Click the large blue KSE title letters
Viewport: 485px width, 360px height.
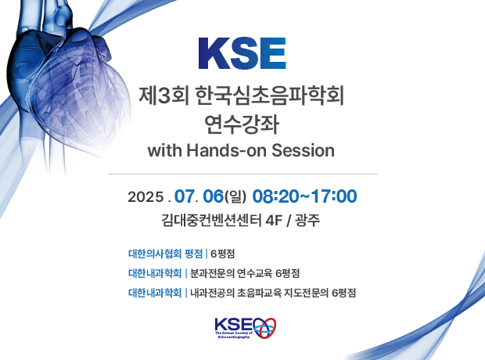pos(242,53)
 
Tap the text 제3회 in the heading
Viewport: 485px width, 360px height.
pos(163,95)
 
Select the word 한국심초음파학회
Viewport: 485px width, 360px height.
pos(270,95)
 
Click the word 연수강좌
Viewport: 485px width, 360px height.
pos(242,124)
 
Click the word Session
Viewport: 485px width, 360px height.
pos(304,151)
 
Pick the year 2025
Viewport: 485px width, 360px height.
pos(145,197)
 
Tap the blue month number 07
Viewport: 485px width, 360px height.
pos(185,196)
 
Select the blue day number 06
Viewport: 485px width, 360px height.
pos(213,196)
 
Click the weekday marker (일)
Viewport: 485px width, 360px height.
pos(235,197)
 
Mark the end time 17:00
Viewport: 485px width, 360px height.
pos(334,196)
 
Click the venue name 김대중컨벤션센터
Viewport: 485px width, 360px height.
pos(211,221)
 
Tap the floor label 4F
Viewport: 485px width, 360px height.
pos(275,221)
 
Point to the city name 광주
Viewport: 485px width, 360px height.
pos(307,221)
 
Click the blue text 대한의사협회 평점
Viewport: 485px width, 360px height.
pos(166,254)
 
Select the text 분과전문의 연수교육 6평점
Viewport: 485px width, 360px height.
pos(245,273)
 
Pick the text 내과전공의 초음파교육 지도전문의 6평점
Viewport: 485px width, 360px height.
pos(273,293)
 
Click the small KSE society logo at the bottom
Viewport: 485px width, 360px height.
pos(246,328)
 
